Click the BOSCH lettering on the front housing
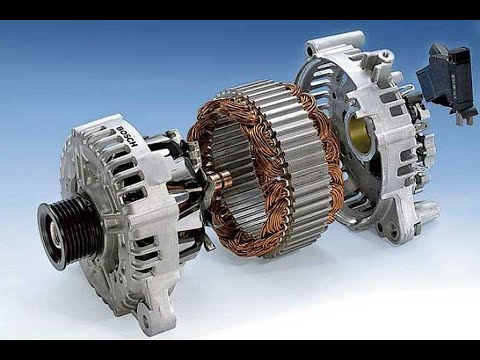pos(127,137)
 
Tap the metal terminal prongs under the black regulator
pos(465,119)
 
